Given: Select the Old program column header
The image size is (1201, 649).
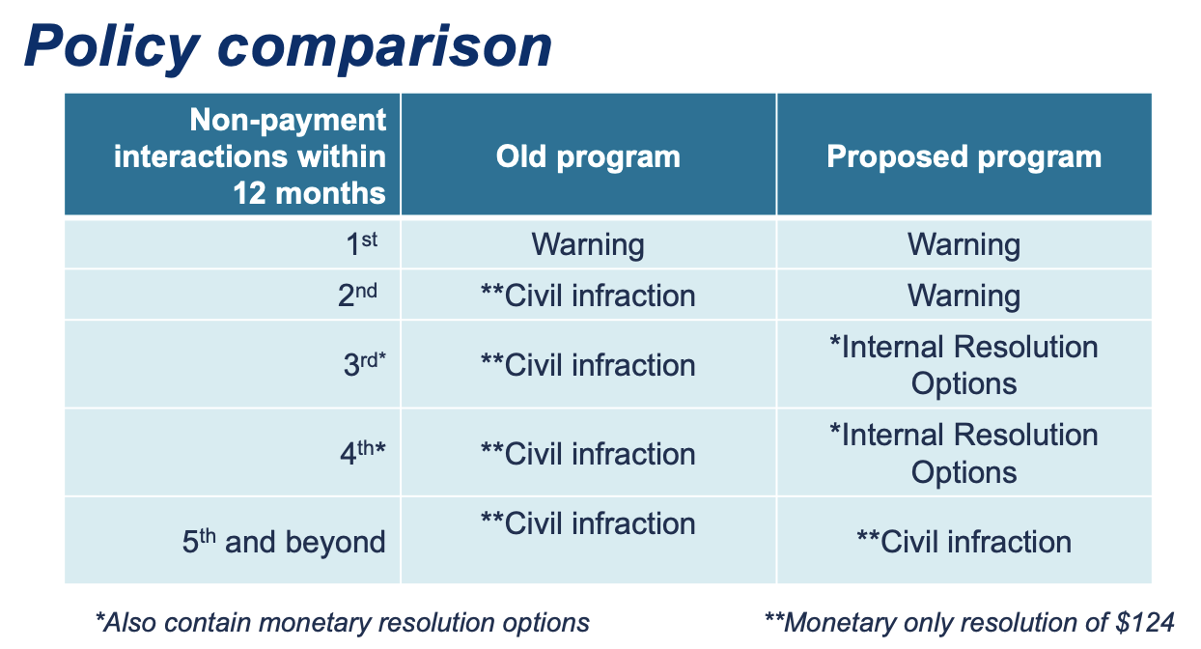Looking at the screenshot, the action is click(x=588, y=157).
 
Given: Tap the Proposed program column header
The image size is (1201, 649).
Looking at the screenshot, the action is click(x=964, y=157).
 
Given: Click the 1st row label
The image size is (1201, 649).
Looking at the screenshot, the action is click(x=362, y=244).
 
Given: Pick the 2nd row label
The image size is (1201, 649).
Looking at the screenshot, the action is click(x=357, y=295).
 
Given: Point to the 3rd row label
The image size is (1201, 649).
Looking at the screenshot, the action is click(x=365, y=364).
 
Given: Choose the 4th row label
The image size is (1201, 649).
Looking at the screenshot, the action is click(x=363, y=453).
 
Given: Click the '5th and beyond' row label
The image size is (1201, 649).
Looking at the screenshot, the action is click(x=284, y=541).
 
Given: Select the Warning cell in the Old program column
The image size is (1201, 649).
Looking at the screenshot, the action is click(x=588, y=244).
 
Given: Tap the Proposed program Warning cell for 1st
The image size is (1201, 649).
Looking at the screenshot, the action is click(x=964, y=244).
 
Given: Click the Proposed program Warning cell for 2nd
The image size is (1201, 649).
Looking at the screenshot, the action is click(x=964, y=296).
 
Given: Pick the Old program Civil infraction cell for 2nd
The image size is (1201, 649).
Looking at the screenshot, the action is click(x=588, y=296).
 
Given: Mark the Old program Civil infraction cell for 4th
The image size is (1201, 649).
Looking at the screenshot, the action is click(x=588, y=454).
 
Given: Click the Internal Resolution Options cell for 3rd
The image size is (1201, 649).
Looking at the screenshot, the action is click(x=964, y=365).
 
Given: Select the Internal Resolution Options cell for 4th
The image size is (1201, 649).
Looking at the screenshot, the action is click(x=964, y=453).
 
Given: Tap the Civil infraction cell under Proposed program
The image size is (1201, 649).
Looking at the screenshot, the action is click(x=964, y=542).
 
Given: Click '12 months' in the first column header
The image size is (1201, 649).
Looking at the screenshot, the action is click(x=309, y=193).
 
